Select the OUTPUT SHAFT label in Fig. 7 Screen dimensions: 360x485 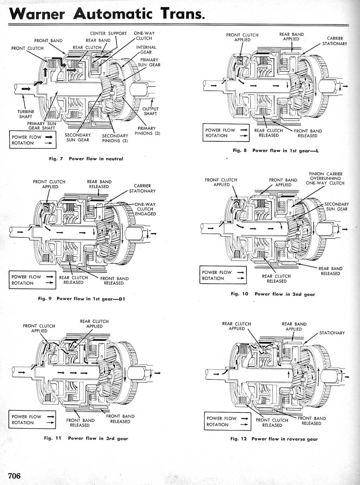coord(150,111)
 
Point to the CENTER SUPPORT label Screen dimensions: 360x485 coord(108,33)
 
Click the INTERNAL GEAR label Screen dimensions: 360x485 coord(146,50)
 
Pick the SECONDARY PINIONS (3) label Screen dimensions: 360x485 coord(115,138)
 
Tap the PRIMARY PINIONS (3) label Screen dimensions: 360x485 coord(147,131)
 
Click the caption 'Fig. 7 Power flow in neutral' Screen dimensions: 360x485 coord(86,159)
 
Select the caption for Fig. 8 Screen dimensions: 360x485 coord(276,151)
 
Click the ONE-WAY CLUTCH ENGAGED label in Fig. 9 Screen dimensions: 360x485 coord(145,209)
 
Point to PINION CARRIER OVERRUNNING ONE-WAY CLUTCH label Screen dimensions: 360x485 coord(325,178)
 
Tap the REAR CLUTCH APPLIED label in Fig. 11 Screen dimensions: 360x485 coord(94,324)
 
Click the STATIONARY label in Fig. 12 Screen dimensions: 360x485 coord(332,333)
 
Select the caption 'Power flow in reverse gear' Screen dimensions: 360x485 coord(285,439)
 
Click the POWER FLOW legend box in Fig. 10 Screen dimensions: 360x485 coord(223,275)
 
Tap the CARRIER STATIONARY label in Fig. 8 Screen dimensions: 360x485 coord(335,41)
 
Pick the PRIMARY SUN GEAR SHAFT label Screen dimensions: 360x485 coord(41,126)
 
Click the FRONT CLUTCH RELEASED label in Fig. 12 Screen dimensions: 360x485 coord(272,423)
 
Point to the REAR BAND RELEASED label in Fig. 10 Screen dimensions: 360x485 coord(330,271)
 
